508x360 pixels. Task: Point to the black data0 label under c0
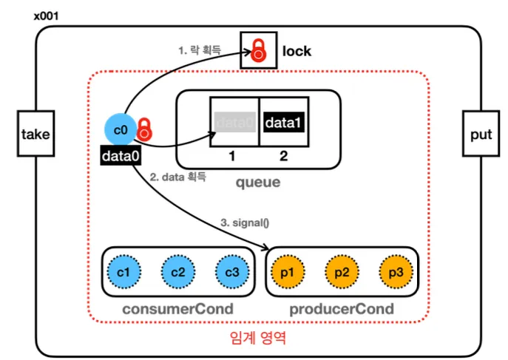coord(121,155)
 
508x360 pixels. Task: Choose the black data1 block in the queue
coord(282,122)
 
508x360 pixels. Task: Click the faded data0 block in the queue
coord(234,122)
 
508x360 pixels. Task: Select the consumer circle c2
coord(177,271)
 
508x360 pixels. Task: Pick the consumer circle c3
coord(231,271)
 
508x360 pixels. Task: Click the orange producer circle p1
coord(288,271)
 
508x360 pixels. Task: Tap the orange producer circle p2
coord(342,271)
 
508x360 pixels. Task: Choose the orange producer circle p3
coord(395,271)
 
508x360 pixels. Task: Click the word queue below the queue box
coord(257,181)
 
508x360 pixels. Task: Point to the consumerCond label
coord(177,308)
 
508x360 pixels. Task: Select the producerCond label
coord(342,308)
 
